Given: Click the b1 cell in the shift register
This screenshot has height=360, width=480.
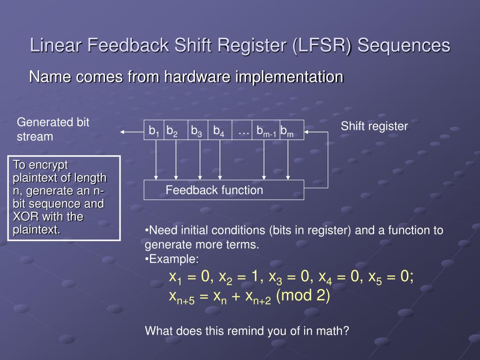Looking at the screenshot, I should tap(154, 130).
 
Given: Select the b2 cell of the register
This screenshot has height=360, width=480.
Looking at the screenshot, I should tap(173, 130).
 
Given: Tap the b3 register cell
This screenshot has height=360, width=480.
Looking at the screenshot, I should tap(197, 130).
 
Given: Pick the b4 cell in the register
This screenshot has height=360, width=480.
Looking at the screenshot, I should tap(219, 130).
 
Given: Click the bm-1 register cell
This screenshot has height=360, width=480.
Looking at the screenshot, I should tap(266, 131).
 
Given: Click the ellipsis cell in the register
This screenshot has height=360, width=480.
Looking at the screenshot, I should tap(243, 131).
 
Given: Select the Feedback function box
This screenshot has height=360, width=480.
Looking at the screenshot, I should tap(224, 190).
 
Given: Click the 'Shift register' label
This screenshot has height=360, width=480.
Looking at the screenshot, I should tap(374, 126).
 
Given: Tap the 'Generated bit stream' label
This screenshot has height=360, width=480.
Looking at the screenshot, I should tap(52, 129).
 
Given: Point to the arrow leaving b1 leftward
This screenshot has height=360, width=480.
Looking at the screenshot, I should tap(132, 132).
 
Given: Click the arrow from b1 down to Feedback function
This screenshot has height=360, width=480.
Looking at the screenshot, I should tap(156, 159).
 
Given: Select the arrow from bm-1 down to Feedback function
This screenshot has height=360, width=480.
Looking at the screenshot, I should tap(264, 159).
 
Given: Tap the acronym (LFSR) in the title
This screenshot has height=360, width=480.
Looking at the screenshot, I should tap(321, 45).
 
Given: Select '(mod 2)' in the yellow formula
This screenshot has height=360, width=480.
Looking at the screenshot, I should tap(303, 296).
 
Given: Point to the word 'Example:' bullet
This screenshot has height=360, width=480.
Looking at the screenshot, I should tap(173, 259).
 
